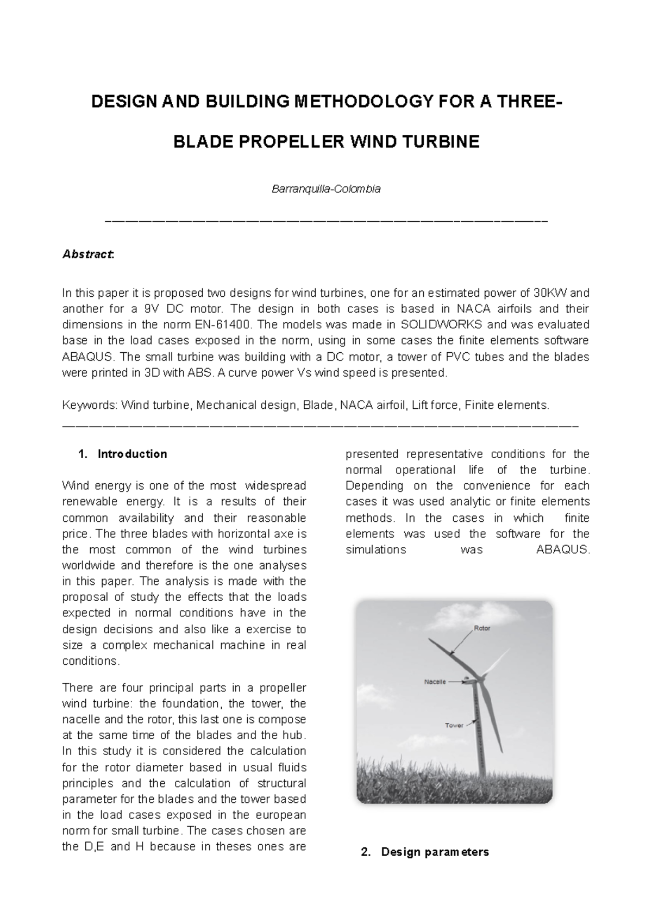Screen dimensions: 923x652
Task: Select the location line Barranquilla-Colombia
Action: pos(326,189)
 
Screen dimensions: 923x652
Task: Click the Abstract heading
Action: pos(88,254)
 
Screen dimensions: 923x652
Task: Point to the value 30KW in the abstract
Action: pos(550,293)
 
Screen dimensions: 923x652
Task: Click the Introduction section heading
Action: pos(132,454)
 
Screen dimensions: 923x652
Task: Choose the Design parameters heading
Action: pos(435,851)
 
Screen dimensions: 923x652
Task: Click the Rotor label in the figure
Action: pos(482,628)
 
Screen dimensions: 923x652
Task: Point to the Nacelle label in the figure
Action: pos(435,681)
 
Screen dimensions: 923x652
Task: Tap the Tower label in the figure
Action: pos(454,725)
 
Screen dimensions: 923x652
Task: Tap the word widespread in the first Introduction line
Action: pos(276,485)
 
